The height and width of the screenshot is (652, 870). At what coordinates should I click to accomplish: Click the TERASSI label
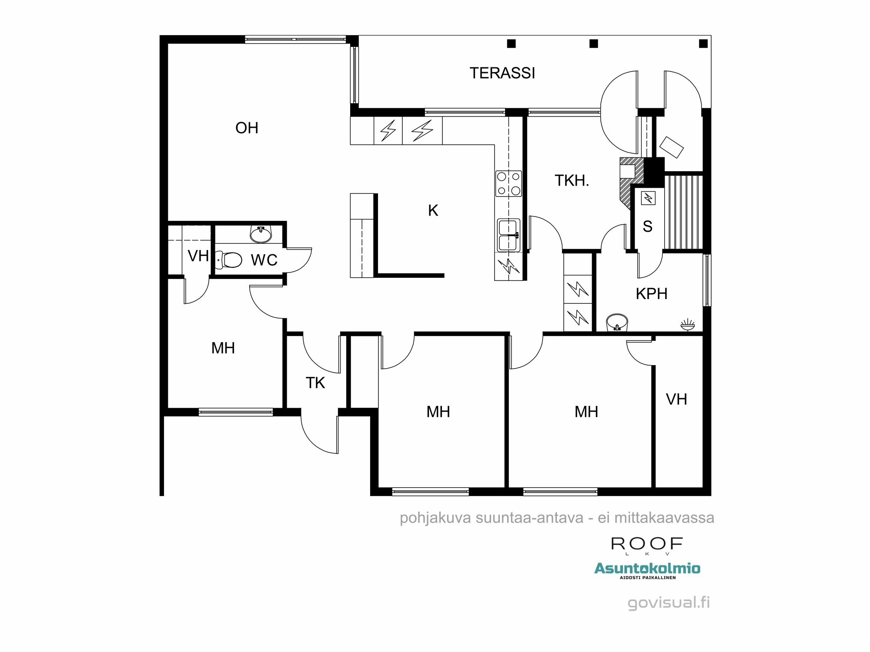coord(502,73)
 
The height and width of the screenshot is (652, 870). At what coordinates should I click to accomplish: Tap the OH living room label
coord(247,128)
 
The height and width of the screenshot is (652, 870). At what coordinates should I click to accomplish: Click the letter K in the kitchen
coord(433,211)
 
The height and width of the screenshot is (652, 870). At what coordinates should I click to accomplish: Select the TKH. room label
coord(572,180)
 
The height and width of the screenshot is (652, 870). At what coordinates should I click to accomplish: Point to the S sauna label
coord(647,226)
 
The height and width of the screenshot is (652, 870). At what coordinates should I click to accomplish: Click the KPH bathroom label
coord(651,294)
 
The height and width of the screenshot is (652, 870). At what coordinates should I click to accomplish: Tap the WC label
coord(264,260)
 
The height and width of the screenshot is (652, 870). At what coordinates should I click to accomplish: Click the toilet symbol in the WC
coord(229,260)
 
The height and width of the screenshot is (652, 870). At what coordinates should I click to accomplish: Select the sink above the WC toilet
coord(261,234)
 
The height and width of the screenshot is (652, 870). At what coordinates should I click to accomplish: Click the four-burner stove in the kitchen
coord(509,183)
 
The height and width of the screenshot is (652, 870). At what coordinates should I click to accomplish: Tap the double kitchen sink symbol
coord(509,235)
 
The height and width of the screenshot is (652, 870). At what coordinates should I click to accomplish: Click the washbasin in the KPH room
coord(616,322)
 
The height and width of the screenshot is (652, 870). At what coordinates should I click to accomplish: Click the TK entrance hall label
coord(315,383)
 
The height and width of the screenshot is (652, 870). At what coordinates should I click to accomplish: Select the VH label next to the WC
coord(198,256)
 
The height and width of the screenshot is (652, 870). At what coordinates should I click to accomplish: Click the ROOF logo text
coord(647,544)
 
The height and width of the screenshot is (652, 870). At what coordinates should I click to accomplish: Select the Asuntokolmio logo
coord(647,569)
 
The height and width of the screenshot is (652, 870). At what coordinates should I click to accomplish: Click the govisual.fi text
coord(669,602)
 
